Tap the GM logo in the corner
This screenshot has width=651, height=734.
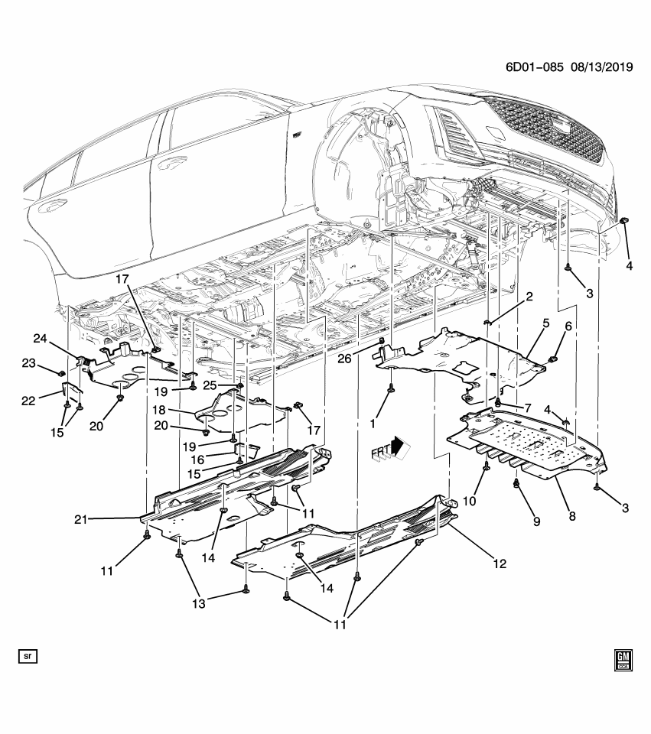click(x=623, y=661)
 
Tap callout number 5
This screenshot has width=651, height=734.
click(x=546, y=324)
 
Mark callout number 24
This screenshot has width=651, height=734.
click(x=40, y=338)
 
